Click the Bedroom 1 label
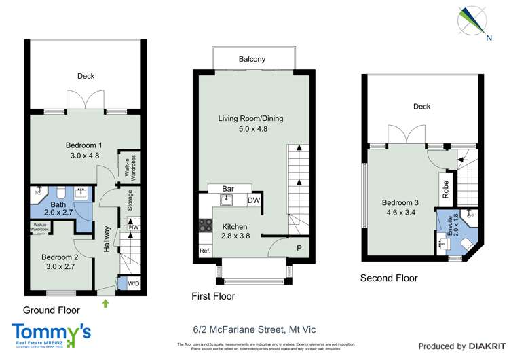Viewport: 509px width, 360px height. coord(84,145)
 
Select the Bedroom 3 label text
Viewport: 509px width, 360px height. coord(396,203)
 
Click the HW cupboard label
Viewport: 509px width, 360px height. coord(134,226)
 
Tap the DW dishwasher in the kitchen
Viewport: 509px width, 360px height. coord(254,201)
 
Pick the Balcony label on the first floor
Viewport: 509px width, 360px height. coord(252,60)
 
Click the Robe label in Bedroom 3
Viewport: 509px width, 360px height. coord(445,188)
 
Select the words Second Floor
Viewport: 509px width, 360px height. coord(389,278)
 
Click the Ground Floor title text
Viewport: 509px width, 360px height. coord(52,310)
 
